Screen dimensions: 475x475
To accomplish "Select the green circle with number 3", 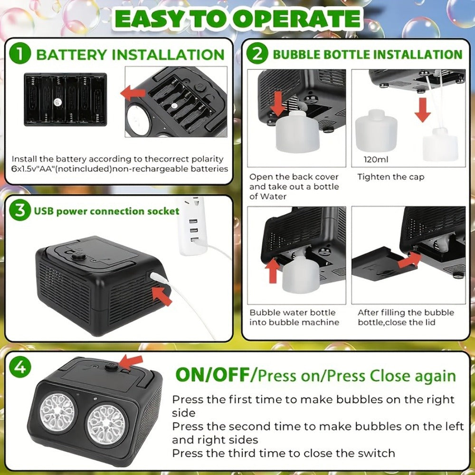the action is [x=20, y=210].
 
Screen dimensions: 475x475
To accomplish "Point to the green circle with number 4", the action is [x=20, y=367].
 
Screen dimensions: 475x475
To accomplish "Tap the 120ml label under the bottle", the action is [x=376, y=159].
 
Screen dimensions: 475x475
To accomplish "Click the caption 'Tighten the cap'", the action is [x=391, y=177].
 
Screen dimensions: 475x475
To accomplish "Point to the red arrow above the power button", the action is [x=131, y=362].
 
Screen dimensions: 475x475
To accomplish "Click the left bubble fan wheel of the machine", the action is [x=57, y=412].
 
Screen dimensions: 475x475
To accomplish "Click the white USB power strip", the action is [x=193, y=226].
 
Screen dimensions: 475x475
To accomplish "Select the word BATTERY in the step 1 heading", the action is [x=71, y=55].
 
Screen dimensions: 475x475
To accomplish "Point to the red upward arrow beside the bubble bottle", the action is [x=273, y=270].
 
